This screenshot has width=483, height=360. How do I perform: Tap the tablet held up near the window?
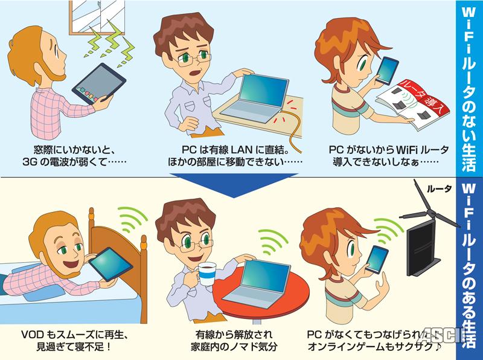98,83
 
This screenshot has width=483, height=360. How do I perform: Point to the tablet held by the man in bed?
110,264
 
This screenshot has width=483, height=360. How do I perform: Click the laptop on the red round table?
259,284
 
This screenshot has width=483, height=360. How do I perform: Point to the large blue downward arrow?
234,185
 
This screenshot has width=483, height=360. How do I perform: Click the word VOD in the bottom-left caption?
33,335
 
